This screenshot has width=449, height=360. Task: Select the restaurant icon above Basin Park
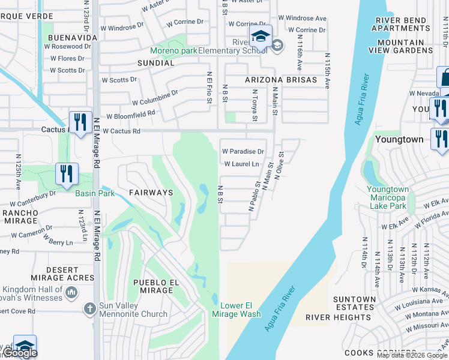pyautogui.click(x=66, y=174)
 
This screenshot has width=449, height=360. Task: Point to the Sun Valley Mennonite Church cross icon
pyautogui.click(x=89, y=308)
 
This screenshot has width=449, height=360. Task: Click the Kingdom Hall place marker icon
pyautogui.click(x=71, y=293)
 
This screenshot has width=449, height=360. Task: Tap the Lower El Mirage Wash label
pyautogui.click(x=236, y=310)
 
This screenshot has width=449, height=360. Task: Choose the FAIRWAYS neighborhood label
pyautogui.click(x=151, y=193)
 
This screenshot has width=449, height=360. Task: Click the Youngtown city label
pyautogui.click(x=399, y=139)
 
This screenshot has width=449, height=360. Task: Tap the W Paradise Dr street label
pyautogui.click(x=243, y=152)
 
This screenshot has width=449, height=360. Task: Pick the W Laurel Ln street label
pyautogui.click(x=241, y=164)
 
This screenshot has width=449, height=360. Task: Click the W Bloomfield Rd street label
pyautogui.click(x=131, y=114)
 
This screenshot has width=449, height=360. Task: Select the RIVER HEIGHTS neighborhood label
pyautogui.click(x=331, y=317)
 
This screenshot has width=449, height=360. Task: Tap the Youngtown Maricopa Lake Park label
pyautogui.click(x=388, y=197)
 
